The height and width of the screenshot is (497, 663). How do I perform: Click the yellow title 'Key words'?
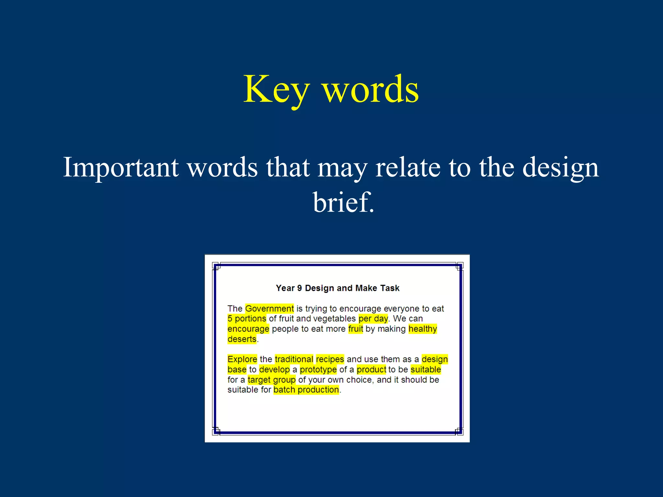tap(331, 89)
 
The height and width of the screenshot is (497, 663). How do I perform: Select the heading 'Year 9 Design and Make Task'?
tap(337, 288)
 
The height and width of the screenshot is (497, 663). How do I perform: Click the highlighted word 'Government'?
tap(269, 308)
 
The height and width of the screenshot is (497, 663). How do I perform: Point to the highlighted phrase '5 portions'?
tap(247, 319)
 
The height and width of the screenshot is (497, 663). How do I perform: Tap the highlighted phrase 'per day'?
tap(373, 319)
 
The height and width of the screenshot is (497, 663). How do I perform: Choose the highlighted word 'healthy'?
tap(422, 329)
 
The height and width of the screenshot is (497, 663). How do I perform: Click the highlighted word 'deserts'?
tap(242, 339)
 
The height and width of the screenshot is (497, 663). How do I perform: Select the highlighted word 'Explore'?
tap(242, 359)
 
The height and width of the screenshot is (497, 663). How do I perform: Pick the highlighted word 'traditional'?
tap(294, 359)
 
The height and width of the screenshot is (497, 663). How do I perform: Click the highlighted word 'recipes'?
tap(330, 359)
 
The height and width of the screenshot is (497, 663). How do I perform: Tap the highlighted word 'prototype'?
tap(318, 370)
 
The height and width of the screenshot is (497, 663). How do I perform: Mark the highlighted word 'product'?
tap(371, 370)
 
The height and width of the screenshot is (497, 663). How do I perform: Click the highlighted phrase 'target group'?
tap(272, 380)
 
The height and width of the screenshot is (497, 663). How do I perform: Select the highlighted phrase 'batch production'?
tap(306, 390)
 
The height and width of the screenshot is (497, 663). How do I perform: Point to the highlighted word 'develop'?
tap(275, 370)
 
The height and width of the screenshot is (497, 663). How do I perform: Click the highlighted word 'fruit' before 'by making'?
tap(355, 329)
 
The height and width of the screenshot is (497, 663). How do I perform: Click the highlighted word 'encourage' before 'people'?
tap(248, 329)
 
